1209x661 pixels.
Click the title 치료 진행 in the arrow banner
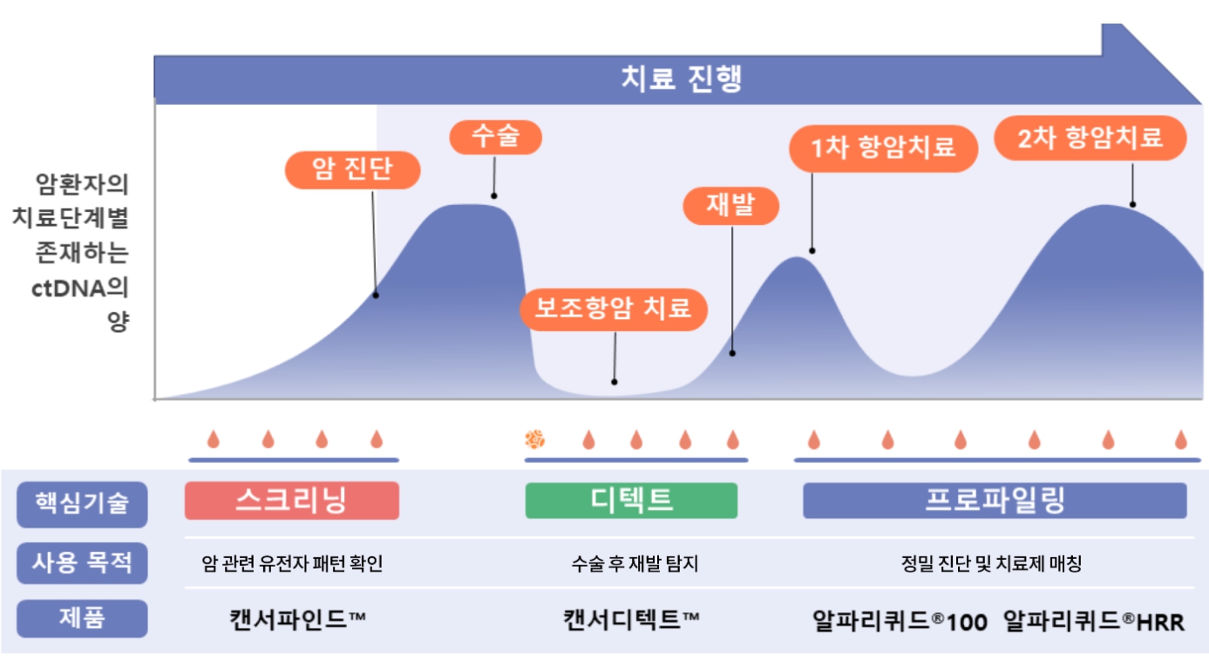pyautogui.click(x=681, y=79)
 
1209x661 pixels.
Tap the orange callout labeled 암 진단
pyautogui.click(x=353, y=170)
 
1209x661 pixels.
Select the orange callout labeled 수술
pyautogui.click(x=495, y=136)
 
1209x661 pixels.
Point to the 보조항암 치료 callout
pyautogui.click(x=614, y=308)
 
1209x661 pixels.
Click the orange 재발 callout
pyautogui.click(x=730, y=206)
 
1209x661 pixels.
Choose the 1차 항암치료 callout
pyautogui.click(x=883, y=147)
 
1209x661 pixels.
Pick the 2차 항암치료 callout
pyautogui.click(x=1090, y=138)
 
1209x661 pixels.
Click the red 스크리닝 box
pyautogui.click(x=291, y=501)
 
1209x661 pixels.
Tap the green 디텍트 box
pyautogui.click(x=631, y=501)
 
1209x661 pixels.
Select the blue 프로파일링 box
pyautogui.click(x=995, y=501)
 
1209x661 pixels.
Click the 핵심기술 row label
pyautogui.click(x=82, y=504)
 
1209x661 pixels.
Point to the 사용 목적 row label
pyautogui.click(x=82, y=562)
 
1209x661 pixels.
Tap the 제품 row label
pyautogui.click(x=82, y=618)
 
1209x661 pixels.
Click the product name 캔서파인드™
pyautogui.click(x=297, y=619)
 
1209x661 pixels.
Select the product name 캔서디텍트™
pyautogui.click(x=631, y=619)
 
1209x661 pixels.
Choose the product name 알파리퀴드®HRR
pyautogui.click(x=1094, y=621)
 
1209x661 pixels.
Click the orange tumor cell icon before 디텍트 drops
pyautogui.click(x=534, y=439)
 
